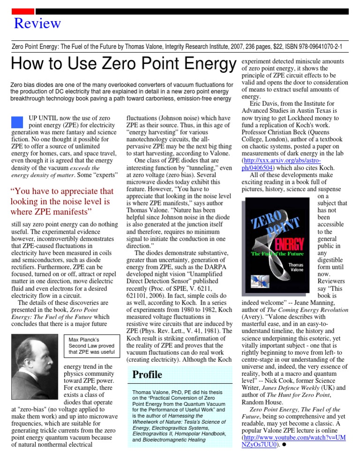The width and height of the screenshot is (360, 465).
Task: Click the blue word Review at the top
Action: tap(37, 23)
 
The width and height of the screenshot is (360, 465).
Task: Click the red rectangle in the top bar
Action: tap(22, 11)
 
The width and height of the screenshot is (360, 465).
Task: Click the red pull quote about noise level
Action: tap(62, 201)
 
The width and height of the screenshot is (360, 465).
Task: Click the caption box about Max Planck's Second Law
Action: tap(92, 345)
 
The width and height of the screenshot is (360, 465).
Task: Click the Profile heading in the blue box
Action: tap(147, 374)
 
